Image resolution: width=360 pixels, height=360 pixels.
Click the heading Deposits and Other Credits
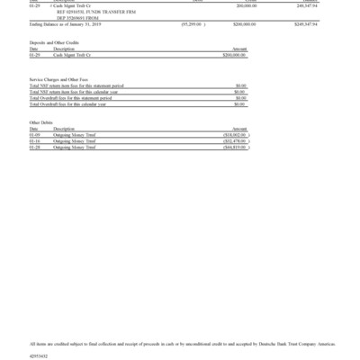56,42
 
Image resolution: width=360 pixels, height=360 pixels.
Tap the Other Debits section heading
41,122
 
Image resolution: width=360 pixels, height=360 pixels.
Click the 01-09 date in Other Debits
34,135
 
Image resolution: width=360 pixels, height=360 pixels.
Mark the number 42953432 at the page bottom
40,355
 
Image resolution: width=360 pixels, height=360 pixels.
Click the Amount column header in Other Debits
238,129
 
